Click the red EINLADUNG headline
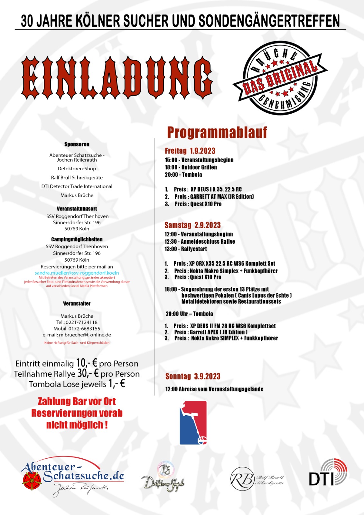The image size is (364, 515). (x=117, y=78)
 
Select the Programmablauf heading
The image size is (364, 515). (x=217, y=132)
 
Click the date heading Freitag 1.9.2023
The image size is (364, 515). (x=190, y=151)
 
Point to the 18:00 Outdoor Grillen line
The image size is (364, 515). (x=191, y=167)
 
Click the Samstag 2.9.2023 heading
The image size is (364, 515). (x=192, y=225)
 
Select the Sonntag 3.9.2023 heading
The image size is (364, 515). (x=193, y=376)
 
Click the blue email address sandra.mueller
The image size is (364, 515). (x=77, y=273)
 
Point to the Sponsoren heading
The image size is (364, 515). (x=77, y=144)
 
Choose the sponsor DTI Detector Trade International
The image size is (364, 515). (x=77, y=186)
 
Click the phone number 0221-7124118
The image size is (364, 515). (x=82, y=322)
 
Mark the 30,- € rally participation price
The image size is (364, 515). (x=88, y=373)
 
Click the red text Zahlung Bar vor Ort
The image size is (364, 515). (x=77, y=401)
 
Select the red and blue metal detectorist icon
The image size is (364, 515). (x=193, y=423)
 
